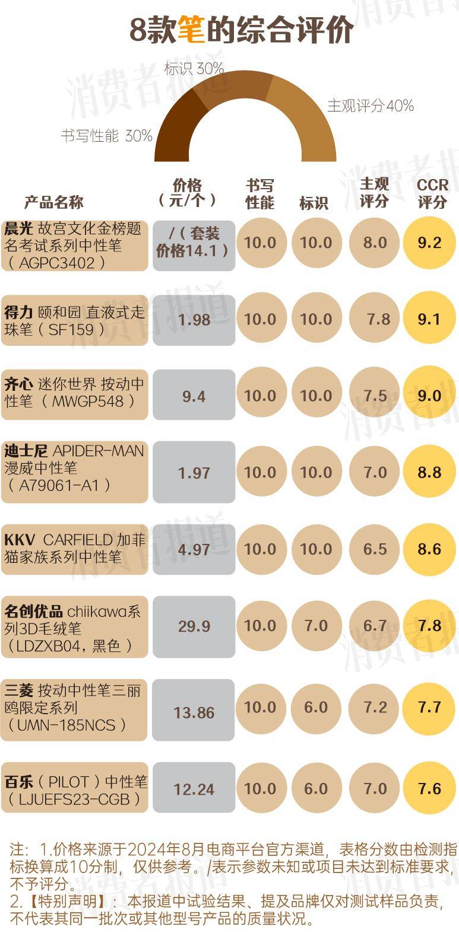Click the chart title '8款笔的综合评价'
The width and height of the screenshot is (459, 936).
tap(242, 30)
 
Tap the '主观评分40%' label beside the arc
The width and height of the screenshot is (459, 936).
tap(370, 106)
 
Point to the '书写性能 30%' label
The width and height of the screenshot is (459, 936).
tap(106, 136)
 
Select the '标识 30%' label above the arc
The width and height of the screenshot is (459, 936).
tap(194, 68)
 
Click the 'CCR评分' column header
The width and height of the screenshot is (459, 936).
tap(432, 193)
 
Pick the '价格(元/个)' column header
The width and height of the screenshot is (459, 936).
tap(187, 193)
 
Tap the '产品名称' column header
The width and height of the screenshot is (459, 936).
tap(53, 202)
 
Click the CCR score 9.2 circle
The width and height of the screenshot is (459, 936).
tap(429, 243)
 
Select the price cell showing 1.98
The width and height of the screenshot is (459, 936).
tap(194, 320)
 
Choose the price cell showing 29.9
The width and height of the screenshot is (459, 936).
tap(194, 626)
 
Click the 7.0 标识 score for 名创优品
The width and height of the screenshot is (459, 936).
tap(316, 626)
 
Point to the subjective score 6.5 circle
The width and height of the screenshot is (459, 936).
tap(375, 549)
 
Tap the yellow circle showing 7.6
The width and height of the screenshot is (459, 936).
tap(429, 788)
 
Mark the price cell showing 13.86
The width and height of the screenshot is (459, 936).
tap(194, 712)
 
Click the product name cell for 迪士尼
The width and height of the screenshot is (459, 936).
tap(74, 468)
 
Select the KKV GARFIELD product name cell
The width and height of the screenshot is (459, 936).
tap(74, 548)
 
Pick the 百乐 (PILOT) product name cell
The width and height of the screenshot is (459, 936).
tap(74, 789)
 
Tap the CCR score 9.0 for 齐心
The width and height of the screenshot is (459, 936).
tap(429, 396)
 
